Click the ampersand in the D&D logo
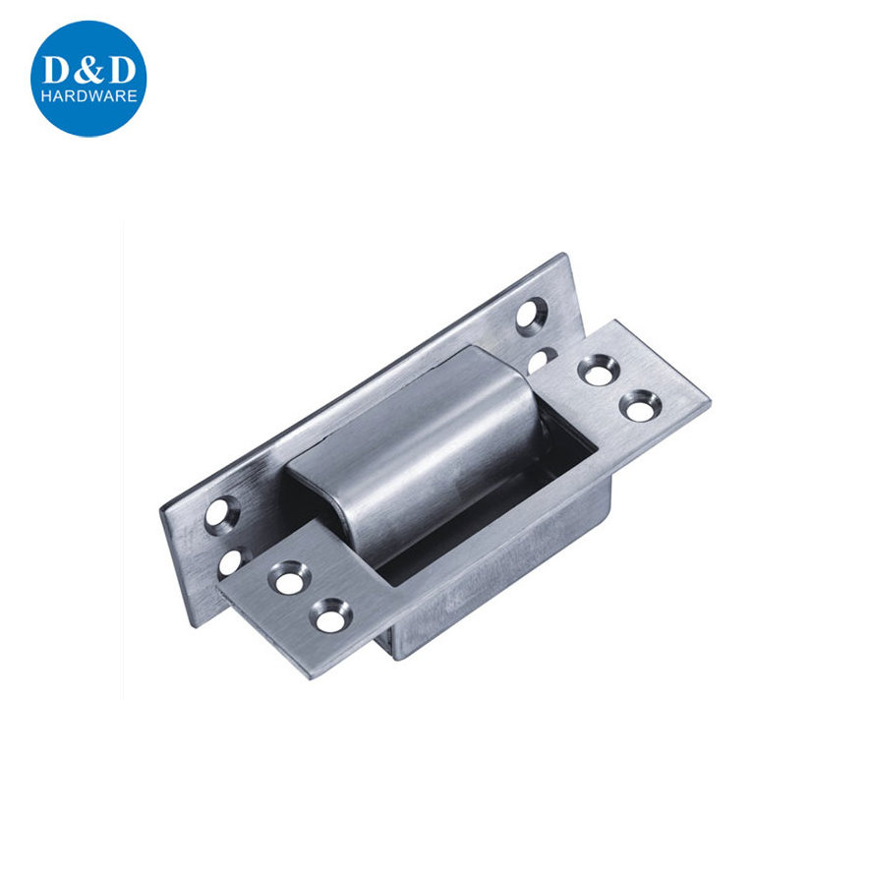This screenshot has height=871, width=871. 87,70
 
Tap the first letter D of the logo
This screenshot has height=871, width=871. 57,70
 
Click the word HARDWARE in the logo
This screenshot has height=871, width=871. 88,96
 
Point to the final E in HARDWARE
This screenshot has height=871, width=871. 132,96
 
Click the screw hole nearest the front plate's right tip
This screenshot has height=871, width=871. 641,405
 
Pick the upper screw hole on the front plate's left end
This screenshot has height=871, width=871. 288,577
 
